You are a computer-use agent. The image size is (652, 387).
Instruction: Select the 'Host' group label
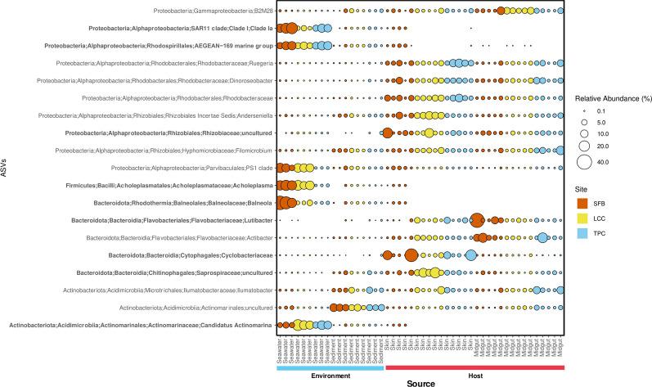click(x=474, y=375)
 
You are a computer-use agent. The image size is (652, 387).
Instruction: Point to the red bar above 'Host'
click(x=474, y=367)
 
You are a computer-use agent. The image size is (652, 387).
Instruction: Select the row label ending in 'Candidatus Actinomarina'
click(x=140, y=325)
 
